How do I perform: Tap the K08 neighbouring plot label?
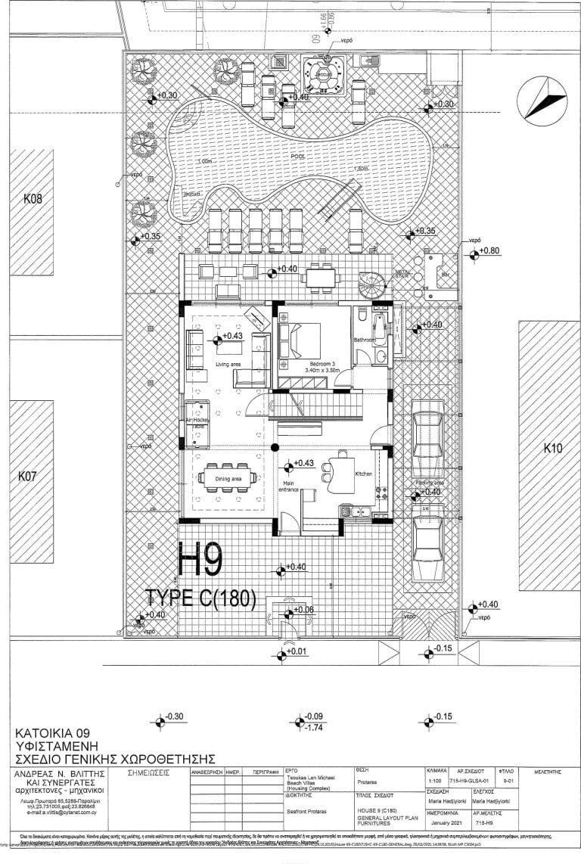pyautogui.click(x=33, y=200)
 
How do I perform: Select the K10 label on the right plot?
pyautogui.click(x=553, y=449)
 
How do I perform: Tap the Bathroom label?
pyautogui.click(x=365, y=340)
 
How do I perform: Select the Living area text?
pyautogui.click(x=228, y=365)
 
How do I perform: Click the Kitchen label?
pyautogui.click(x=365, y=474)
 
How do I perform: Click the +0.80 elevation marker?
pyautogui.click(x=487, y=250)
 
